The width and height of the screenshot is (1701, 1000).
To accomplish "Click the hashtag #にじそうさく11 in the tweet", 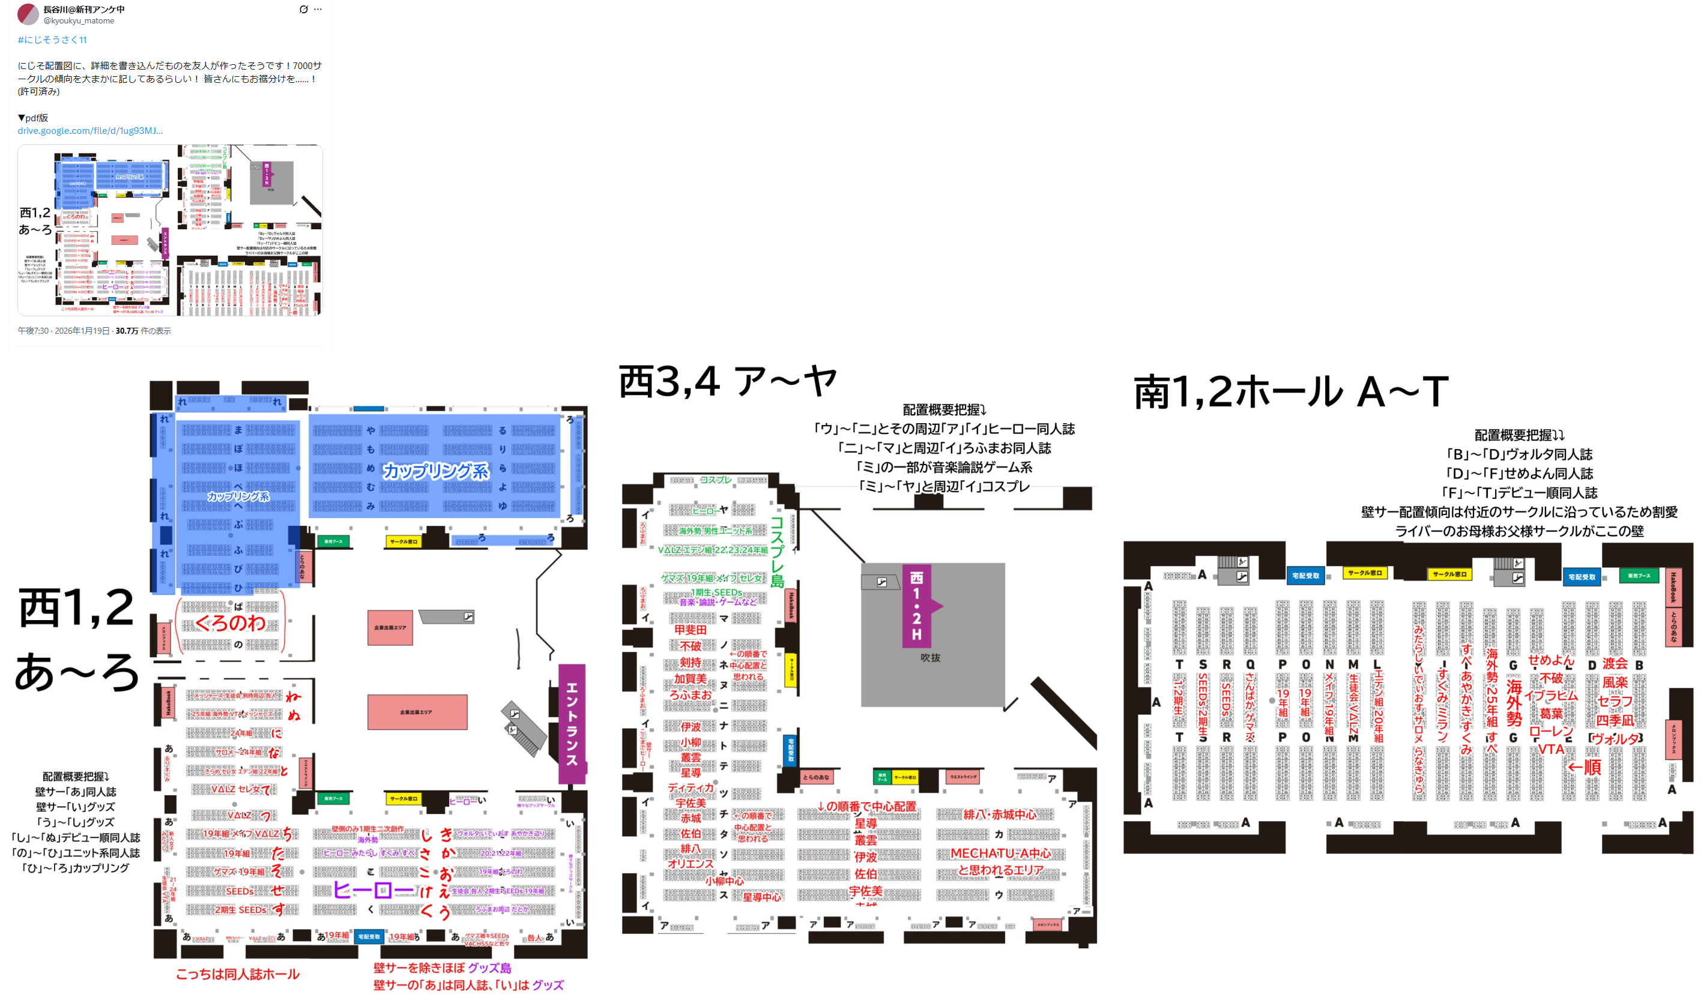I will pos(52,40).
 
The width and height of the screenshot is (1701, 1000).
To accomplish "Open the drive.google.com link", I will pos(90,131).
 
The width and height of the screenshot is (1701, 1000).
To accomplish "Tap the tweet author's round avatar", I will pos(28,14).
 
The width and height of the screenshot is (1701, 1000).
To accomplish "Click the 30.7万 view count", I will pos(126,331).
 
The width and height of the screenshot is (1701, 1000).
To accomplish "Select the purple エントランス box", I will pos(572,723).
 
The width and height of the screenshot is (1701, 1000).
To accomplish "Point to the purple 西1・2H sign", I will pos(917,605).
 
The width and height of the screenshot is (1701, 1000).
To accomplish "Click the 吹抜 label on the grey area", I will pos(930,657).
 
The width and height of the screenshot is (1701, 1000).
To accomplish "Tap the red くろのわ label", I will pos(230,623).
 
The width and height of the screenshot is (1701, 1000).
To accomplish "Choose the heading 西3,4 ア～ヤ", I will pos(728,382).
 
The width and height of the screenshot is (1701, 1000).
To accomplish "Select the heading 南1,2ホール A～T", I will pos(1290,392).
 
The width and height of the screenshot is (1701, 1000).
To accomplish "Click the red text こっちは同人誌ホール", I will pos(238,974).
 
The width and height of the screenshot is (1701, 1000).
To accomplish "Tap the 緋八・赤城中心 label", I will pos(1000,815).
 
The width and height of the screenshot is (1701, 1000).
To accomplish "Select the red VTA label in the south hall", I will pos(1550,749).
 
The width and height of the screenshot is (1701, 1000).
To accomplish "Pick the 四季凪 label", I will pos(1614,720).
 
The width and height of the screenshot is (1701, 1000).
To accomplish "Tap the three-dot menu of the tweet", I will pos(318,10).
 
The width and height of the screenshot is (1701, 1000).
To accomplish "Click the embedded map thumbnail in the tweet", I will pos(170,230).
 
